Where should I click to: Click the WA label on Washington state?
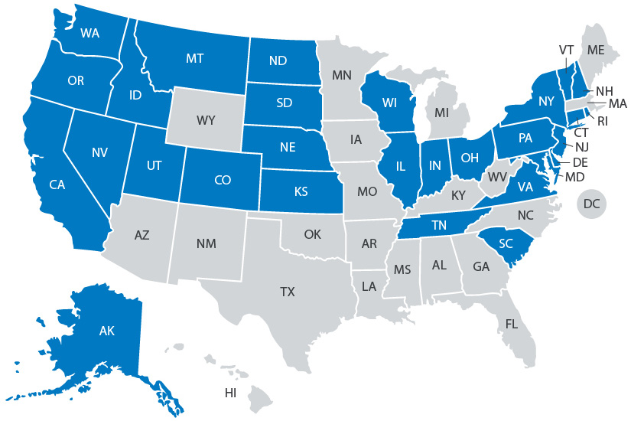[91, 33]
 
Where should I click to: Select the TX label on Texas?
[287, 292]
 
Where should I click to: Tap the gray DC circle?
[591, 204]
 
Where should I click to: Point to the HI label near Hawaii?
[230, 393]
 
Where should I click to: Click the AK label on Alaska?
[106, 332]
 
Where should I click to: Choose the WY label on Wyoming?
[206, 120]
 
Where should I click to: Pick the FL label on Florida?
[511, 324]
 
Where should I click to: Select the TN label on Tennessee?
[438, 225]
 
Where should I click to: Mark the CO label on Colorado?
[223, 181]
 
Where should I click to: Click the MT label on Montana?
[194, 58]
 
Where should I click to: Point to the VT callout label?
[566, 50]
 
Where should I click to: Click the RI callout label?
[601, 120]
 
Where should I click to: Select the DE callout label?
[580, 162]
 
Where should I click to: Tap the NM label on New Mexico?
[206, 244]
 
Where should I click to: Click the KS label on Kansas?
[300, 192]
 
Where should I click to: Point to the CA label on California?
[57, 184]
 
